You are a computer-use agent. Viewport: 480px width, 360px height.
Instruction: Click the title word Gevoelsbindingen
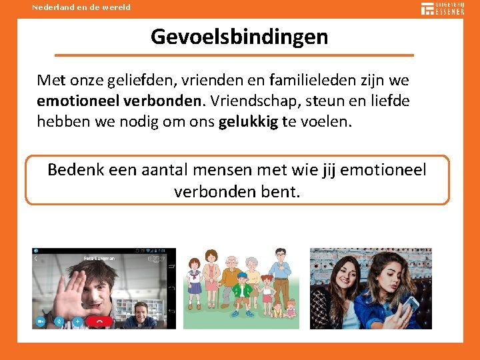[x=239, y=36]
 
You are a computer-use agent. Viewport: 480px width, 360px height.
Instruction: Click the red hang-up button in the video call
[x=99, y=321]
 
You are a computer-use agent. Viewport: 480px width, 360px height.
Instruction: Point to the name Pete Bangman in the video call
[x=99, y=257]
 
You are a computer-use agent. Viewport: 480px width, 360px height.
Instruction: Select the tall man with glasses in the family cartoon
[x=281, y=274]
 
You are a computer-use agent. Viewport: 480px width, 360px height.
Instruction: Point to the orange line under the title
[x=234, y=55]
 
